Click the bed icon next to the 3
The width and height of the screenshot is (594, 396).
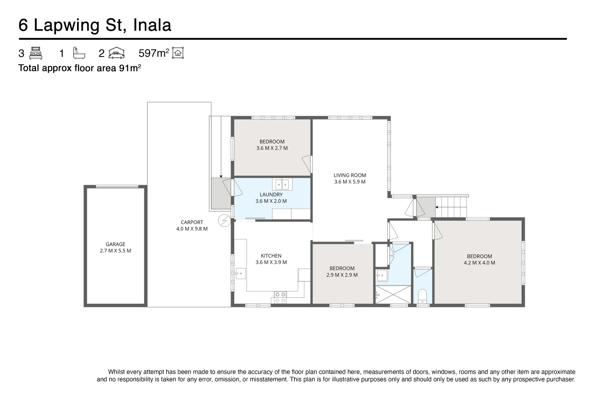[x=36, y=53]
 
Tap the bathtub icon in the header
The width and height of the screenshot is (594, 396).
[x=79, y=53]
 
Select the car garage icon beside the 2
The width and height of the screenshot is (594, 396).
[x=117, y=53]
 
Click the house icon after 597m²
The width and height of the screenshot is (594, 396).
[x=178, y=53]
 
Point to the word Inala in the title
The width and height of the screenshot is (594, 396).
[x=152, y=25]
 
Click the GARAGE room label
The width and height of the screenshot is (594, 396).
[x=115, y=244]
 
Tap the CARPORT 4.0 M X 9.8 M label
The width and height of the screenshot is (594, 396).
[x=192, y=225]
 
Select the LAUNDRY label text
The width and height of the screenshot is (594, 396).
[x=271, y=195]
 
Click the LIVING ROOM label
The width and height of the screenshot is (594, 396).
[x=350, y=175]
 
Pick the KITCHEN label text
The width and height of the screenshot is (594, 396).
[x=271, y=256]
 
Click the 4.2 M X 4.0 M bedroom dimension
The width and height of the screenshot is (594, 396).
[x=479, y=263]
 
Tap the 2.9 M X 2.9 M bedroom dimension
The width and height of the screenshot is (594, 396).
[x=342, y=275]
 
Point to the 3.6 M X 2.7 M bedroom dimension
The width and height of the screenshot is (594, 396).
[x=272, y=148]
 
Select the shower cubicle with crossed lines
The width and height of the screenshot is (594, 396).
[x=393, y=295]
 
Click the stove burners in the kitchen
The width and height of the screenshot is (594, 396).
[x=280, y=297]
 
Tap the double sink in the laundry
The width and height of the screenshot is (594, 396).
[x=282, y=184]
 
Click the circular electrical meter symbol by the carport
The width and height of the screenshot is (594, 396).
[x=224, y=221]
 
